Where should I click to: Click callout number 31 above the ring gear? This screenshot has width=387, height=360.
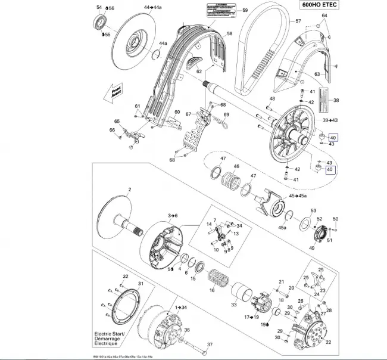pyautogui.click(x=141, y=284)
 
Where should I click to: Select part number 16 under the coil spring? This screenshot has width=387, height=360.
pyautogui.click(x=212, y=290)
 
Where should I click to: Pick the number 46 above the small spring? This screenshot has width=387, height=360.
pyautogui.click(x=236, y=166)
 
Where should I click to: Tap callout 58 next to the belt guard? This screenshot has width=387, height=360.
pyautogui.click(x=229, y=33)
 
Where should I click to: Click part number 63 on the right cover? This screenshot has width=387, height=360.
pyautogui.click(x=318, y=74)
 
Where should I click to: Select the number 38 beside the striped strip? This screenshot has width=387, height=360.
pyautogui.click(x=336, y=100)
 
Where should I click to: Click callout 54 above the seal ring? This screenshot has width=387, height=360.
pyautogui.click(x=99, y=8)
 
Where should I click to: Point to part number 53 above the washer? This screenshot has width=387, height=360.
pyautogui.click(x=313, y=210)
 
